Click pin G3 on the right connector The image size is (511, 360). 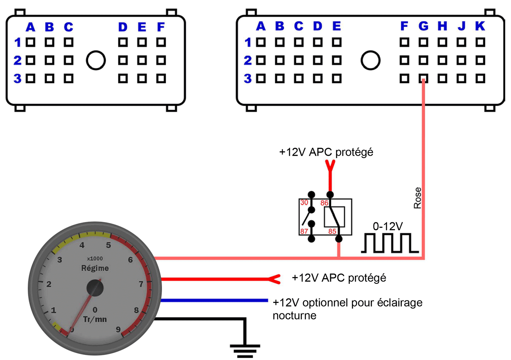(423, 79)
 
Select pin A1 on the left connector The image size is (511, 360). (30, 42)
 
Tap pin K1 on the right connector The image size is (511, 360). (480, 42)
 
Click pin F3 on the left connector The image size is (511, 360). (160, 79)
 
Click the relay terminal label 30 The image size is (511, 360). (304, 203)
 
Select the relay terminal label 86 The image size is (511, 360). (324, 203)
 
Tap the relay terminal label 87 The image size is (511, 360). (304, 231)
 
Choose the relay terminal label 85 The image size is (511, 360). (333, 231)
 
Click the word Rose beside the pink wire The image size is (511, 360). (418, 198)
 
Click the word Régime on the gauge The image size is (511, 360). (95, 268)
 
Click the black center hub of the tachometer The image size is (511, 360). (95, 287)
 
